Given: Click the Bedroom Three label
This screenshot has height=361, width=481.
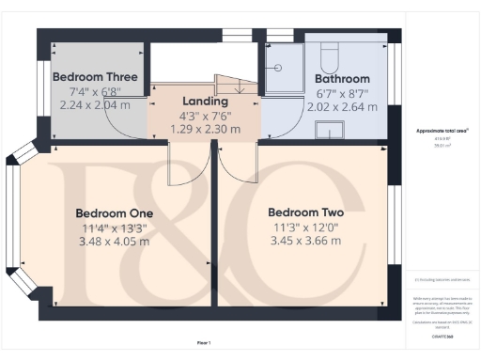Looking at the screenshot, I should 96,77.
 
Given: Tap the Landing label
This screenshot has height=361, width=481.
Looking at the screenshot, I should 206,102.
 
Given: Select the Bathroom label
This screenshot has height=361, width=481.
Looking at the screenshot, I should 342,79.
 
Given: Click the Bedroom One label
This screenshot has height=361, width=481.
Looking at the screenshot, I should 115,213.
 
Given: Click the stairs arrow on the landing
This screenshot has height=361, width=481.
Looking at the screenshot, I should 238,86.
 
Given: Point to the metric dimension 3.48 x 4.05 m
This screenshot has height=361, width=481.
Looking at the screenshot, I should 115,242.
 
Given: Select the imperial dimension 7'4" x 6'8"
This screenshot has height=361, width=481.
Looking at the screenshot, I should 96,91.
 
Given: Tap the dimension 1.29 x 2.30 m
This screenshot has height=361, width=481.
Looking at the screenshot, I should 206,129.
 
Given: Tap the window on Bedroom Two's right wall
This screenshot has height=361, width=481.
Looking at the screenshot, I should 394,227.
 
